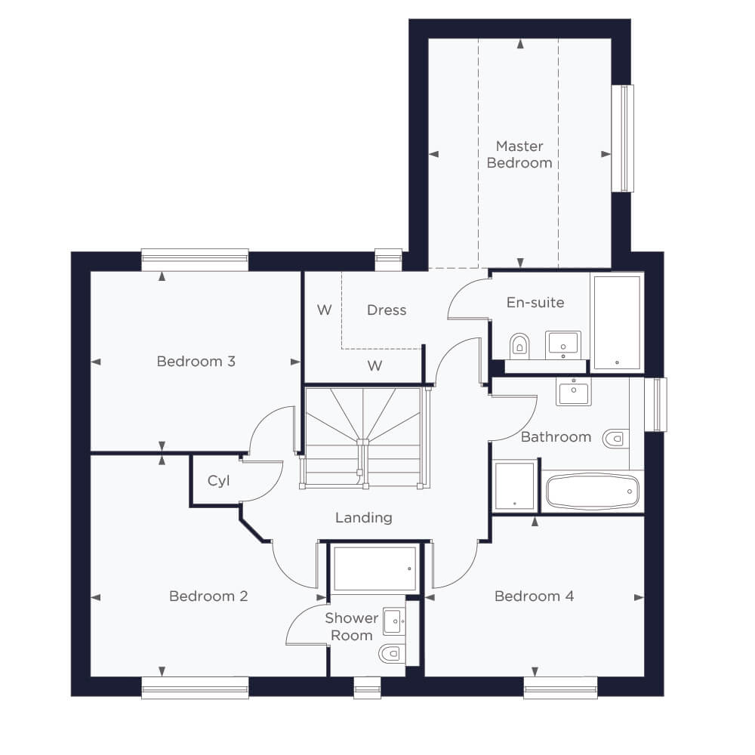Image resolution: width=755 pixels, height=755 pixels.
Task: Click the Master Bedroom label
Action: click(519, 154)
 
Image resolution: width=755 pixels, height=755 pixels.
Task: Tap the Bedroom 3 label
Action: click(196, 361)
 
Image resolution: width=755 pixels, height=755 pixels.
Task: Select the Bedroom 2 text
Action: click(208, 596)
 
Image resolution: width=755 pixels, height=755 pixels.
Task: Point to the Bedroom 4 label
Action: click(534, 596)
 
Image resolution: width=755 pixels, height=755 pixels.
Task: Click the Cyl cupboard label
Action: click(219, 480)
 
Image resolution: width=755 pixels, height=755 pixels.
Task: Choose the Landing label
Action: click(364, 518)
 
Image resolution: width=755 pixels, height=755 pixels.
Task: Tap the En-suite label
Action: click(535, 303)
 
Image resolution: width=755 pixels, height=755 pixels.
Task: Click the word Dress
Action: click(387, 310)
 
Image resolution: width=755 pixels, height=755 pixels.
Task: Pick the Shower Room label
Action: click(352, 627)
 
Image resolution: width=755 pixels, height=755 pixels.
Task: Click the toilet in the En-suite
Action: click(519, 345)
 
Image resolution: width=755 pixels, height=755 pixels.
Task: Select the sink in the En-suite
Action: click(563, 345)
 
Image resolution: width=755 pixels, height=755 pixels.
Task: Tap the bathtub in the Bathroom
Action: click(593, 492)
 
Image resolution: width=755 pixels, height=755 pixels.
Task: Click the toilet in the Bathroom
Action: click(616, 438)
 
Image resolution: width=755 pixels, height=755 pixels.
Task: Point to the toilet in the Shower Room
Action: click(392, 654)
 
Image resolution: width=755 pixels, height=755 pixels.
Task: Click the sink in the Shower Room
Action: click(394, 621)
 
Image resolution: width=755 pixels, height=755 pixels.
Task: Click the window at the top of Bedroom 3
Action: click(195, 260)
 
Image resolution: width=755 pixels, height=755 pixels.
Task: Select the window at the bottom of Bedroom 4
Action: click(560, 688)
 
